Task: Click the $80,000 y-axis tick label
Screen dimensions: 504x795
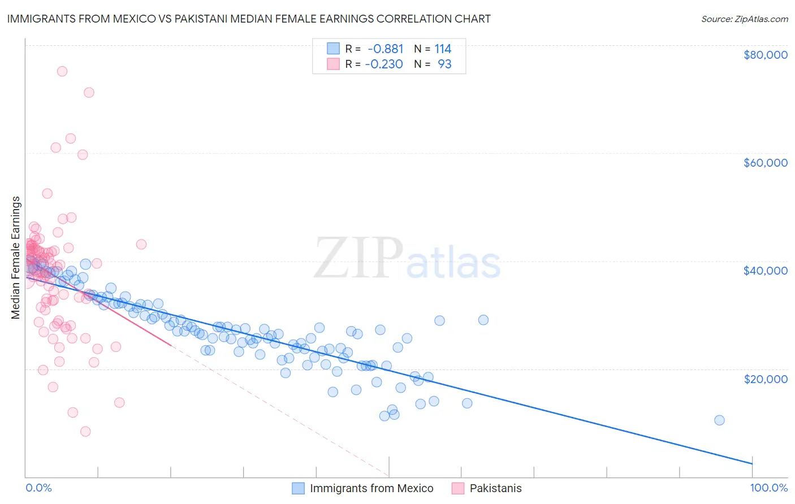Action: [765, 55]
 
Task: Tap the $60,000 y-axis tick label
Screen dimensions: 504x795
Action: [765, 163]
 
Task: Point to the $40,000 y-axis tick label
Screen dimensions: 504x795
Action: [765, 271]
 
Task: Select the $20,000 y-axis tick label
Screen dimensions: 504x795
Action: [765, 379]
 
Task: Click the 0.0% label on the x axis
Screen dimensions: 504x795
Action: [38, 488]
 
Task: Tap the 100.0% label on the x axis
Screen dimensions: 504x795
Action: [768, 488]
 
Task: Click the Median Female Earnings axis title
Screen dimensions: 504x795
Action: [16, 258]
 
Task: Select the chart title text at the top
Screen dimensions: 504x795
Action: [249, 19]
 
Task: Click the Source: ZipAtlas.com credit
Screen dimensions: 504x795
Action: [744, 19]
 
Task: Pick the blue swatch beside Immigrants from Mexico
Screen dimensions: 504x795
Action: [298, 488]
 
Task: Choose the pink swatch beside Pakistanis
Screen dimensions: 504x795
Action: [458, 488]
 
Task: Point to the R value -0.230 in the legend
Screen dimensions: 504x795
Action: [384, 64]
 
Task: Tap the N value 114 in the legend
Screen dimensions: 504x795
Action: [443, 49]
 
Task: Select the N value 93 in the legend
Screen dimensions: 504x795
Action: [444, 64]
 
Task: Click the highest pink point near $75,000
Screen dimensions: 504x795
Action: [62, 71]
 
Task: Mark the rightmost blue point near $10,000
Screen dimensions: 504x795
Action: [719, 420]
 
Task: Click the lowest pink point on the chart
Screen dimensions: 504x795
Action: [85, 431]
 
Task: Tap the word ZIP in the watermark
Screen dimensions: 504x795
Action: [358, 258]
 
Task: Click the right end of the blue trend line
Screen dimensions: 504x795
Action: [752, 464]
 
